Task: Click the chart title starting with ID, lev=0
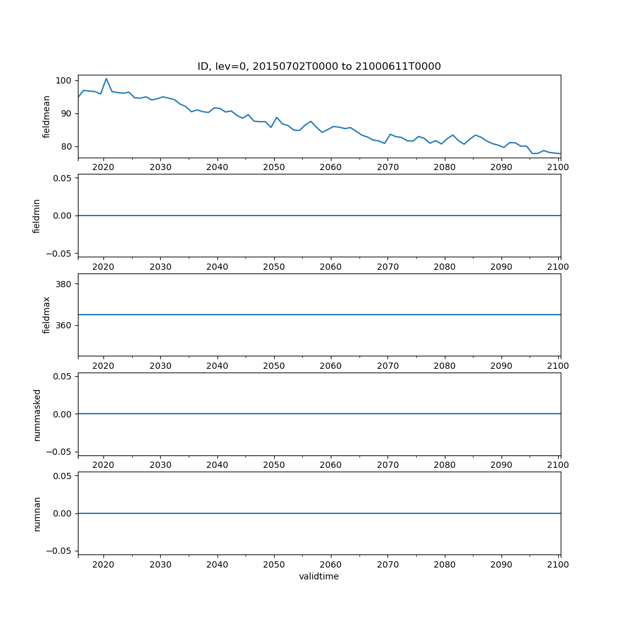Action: coord(319,67)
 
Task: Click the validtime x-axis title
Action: coord(319,576)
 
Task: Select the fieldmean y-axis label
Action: coord(47,117)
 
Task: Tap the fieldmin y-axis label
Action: coord(37,216)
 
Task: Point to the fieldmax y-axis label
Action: coord(47,315)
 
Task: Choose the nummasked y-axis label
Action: coord(37,414)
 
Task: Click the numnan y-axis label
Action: coord(37,513)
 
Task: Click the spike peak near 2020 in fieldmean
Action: coord(106,78)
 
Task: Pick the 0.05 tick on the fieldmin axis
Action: coord(63,178)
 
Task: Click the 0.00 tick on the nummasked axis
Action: coord(63,414)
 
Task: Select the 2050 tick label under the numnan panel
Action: coord(273,564)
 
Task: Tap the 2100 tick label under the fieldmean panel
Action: coord(558,167)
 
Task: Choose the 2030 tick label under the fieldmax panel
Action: coord(160,366)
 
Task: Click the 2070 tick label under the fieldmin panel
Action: coord(388,266)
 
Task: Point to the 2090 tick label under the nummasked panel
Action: coord(502,465)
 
